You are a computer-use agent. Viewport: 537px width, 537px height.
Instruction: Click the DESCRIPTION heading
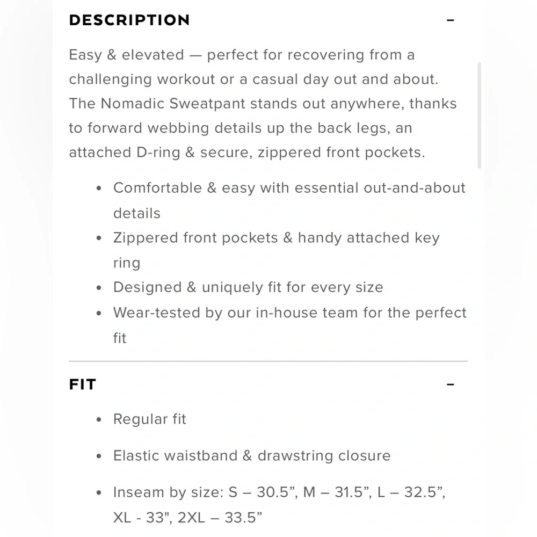tap(129, 20)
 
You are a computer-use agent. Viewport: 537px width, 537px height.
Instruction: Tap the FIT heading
tap(82, 384)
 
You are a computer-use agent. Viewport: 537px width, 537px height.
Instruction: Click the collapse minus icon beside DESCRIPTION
tap(451, 20)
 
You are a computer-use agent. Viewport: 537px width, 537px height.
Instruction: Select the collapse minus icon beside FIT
tap(451, 384)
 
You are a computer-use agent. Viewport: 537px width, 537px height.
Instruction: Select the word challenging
tap(111, 79)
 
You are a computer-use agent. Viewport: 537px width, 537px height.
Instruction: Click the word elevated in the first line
tap(153, 55)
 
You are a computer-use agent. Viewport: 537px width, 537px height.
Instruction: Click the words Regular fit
tap(149, 419)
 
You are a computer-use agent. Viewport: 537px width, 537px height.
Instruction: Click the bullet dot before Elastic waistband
tap(98, 456)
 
